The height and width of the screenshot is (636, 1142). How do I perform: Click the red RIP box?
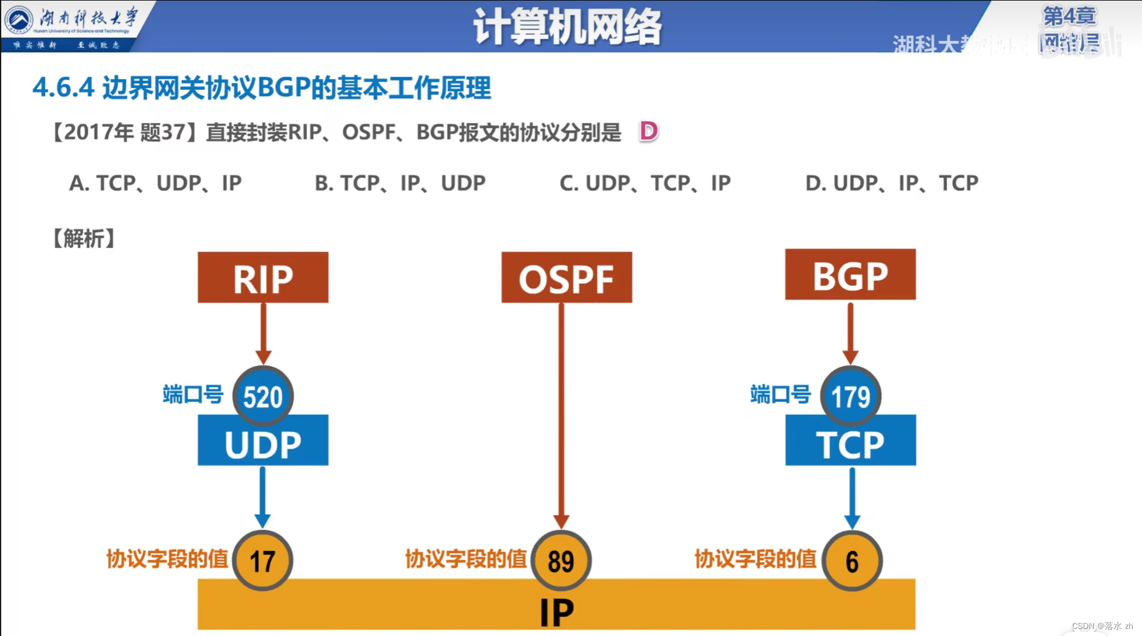point(263,278)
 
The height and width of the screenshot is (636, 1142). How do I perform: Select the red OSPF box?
point(567,278)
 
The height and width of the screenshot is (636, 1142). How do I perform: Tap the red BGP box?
point(850,275)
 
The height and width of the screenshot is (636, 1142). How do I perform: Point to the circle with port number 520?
point(263,396)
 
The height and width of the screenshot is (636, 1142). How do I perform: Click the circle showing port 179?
point(851,396)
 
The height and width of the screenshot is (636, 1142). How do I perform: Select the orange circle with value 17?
point(263,560)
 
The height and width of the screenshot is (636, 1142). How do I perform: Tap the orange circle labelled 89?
point(561,560)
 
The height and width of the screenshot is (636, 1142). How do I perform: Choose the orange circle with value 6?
point(852,560)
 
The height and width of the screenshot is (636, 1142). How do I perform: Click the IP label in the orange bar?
point(557,612)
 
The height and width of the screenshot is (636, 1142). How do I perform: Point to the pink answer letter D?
point(649,131)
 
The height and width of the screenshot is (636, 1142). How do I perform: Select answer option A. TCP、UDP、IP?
point(155,183)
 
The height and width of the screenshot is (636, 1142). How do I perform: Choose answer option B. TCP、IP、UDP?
point(400,183)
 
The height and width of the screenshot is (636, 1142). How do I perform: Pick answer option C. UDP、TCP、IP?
point(645,183)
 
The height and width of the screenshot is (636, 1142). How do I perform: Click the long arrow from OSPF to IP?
point(561,410)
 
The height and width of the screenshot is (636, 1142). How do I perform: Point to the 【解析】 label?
point(84,238)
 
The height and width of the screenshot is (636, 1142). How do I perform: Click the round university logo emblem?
point(19,20)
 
